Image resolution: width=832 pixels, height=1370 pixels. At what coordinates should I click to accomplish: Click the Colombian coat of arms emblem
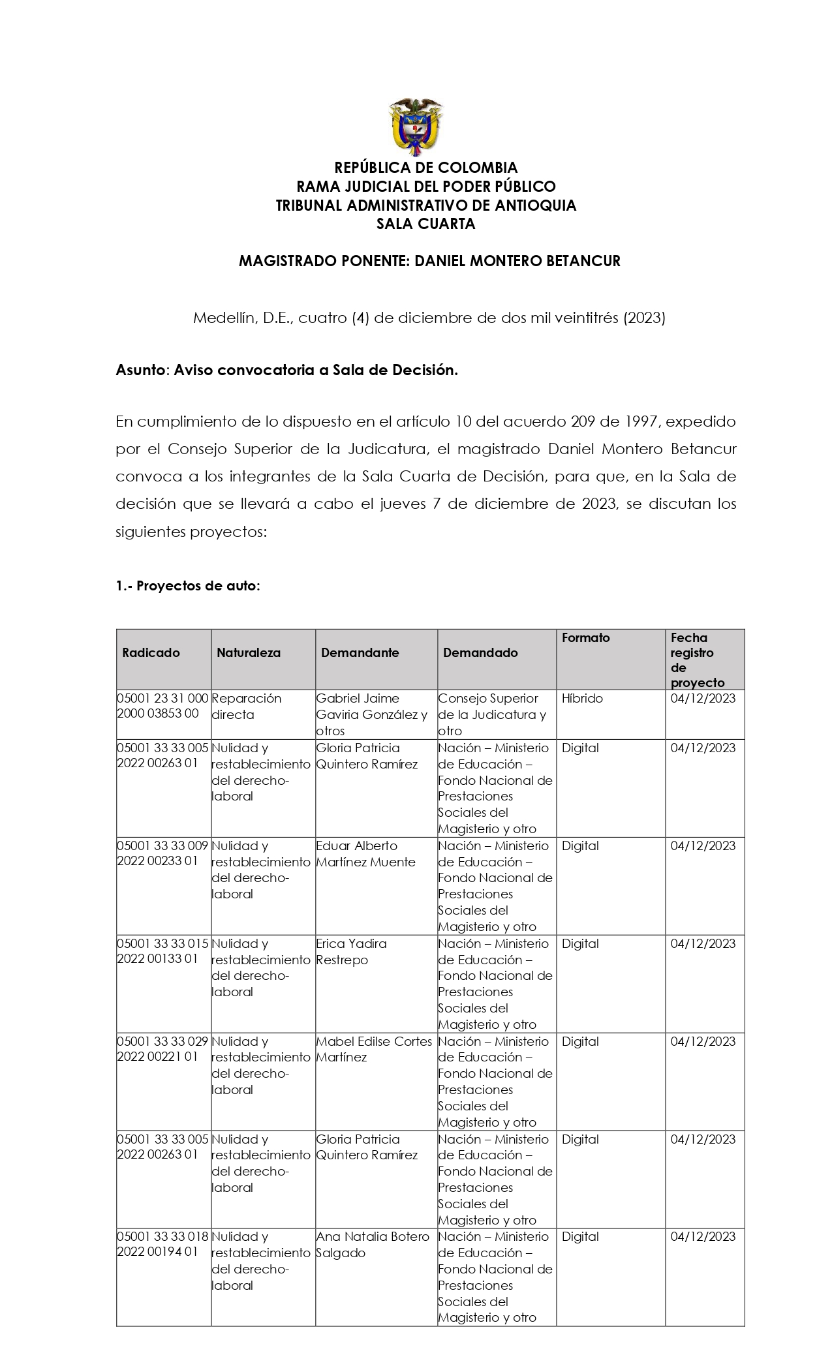pos(416,127)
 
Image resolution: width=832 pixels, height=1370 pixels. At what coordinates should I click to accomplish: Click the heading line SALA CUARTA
pos(425,224)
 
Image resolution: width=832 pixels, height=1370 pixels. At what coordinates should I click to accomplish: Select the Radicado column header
pos(151,652)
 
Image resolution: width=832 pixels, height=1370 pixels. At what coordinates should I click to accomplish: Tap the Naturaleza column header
pos(249,652)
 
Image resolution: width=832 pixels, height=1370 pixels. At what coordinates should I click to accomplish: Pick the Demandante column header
pos(360,652)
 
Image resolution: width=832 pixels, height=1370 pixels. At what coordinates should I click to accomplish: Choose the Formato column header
pos(585,638)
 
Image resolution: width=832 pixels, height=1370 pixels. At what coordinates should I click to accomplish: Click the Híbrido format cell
pos(582,699)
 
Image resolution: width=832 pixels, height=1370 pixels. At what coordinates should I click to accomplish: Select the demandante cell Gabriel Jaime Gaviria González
pos(371,714)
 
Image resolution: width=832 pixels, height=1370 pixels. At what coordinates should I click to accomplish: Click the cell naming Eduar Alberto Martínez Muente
pos(365,854)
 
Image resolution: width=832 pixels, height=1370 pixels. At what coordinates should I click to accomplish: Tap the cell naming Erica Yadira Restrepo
pos(351,952)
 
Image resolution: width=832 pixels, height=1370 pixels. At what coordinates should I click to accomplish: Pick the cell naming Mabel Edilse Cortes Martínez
pos(374,1050)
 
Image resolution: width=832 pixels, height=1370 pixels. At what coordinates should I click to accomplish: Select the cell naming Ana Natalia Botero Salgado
pos(373,1245)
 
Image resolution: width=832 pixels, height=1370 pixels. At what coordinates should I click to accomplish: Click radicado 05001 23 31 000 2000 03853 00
pos(162,707)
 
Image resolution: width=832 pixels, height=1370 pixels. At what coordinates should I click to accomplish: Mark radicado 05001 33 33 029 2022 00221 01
pos(162,1050)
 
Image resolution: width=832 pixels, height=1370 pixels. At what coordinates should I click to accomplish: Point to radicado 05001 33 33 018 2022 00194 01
pos(162,1245)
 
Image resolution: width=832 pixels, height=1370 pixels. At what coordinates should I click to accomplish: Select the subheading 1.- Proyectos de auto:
pos(188,586)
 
